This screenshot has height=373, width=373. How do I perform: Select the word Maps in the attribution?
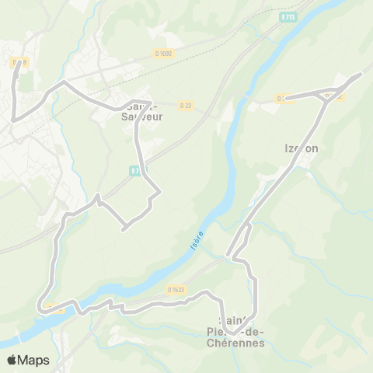tap(34, 360)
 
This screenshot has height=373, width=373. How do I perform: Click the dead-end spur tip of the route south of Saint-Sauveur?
tap(124, 228)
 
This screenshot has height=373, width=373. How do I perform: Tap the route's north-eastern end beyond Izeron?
tap(361, 75)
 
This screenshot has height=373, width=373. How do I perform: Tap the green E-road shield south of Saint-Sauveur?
tap(137, 169)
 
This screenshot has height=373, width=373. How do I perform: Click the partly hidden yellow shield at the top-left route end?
tap(18, 61)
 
